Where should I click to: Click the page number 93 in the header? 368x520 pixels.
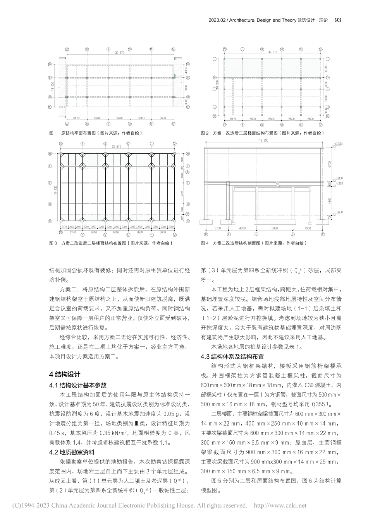click(337, 20)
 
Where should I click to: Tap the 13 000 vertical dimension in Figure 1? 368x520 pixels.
click(52, 86)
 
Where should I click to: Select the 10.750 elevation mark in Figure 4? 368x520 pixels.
click(338, 144)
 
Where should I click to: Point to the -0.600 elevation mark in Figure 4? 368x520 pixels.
click(338, 212)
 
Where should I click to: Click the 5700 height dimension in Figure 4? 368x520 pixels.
click(330, 164)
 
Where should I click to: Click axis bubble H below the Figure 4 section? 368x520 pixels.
click(206, 234)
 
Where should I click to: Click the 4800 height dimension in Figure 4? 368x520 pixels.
click(330, 200)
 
